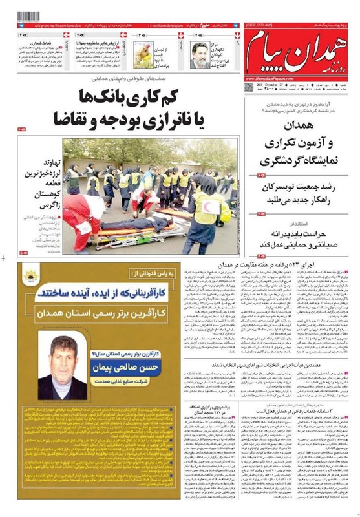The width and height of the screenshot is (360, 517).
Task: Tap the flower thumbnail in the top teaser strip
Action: pyautogui.click(x=143, y=54)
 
